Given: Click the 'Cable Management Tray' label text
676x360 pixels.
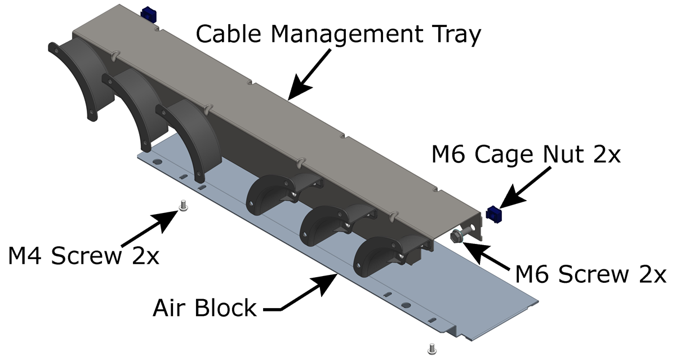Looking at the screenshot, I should coord(338,35).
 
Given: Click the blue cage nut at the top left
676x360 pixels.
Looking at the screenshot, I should coord(149,12).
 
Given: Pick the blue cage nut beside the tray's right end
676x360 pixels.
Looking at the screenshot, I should coord(493,214).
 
